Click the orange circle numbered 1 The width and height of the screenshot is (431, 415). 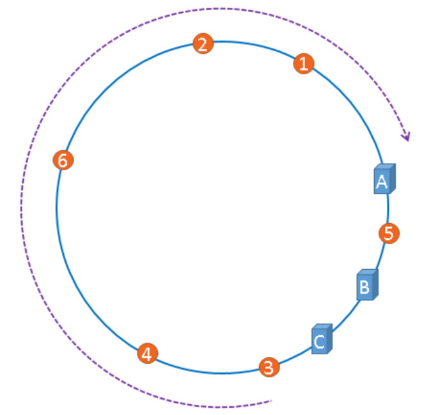304,63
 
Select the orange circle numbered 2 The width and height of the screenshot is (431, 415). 203,44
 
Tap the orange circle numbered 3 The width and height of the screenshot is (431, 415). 269,367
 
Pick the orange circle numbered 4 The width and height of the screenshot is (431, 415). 148,353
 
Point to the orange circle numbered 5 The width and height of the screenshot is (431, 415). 389,233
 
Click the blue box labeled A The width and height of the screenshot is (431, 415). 382,182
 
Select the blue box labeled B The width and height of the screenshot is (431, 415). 364,287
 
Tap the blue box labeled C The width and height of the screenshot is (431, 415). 320,342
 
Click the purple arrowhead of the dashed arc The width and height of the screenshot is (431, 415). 405,136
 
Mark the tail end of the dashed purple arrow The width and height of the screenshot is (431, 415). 271,401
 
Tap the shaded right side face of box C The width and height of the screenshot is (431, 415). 331,339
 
